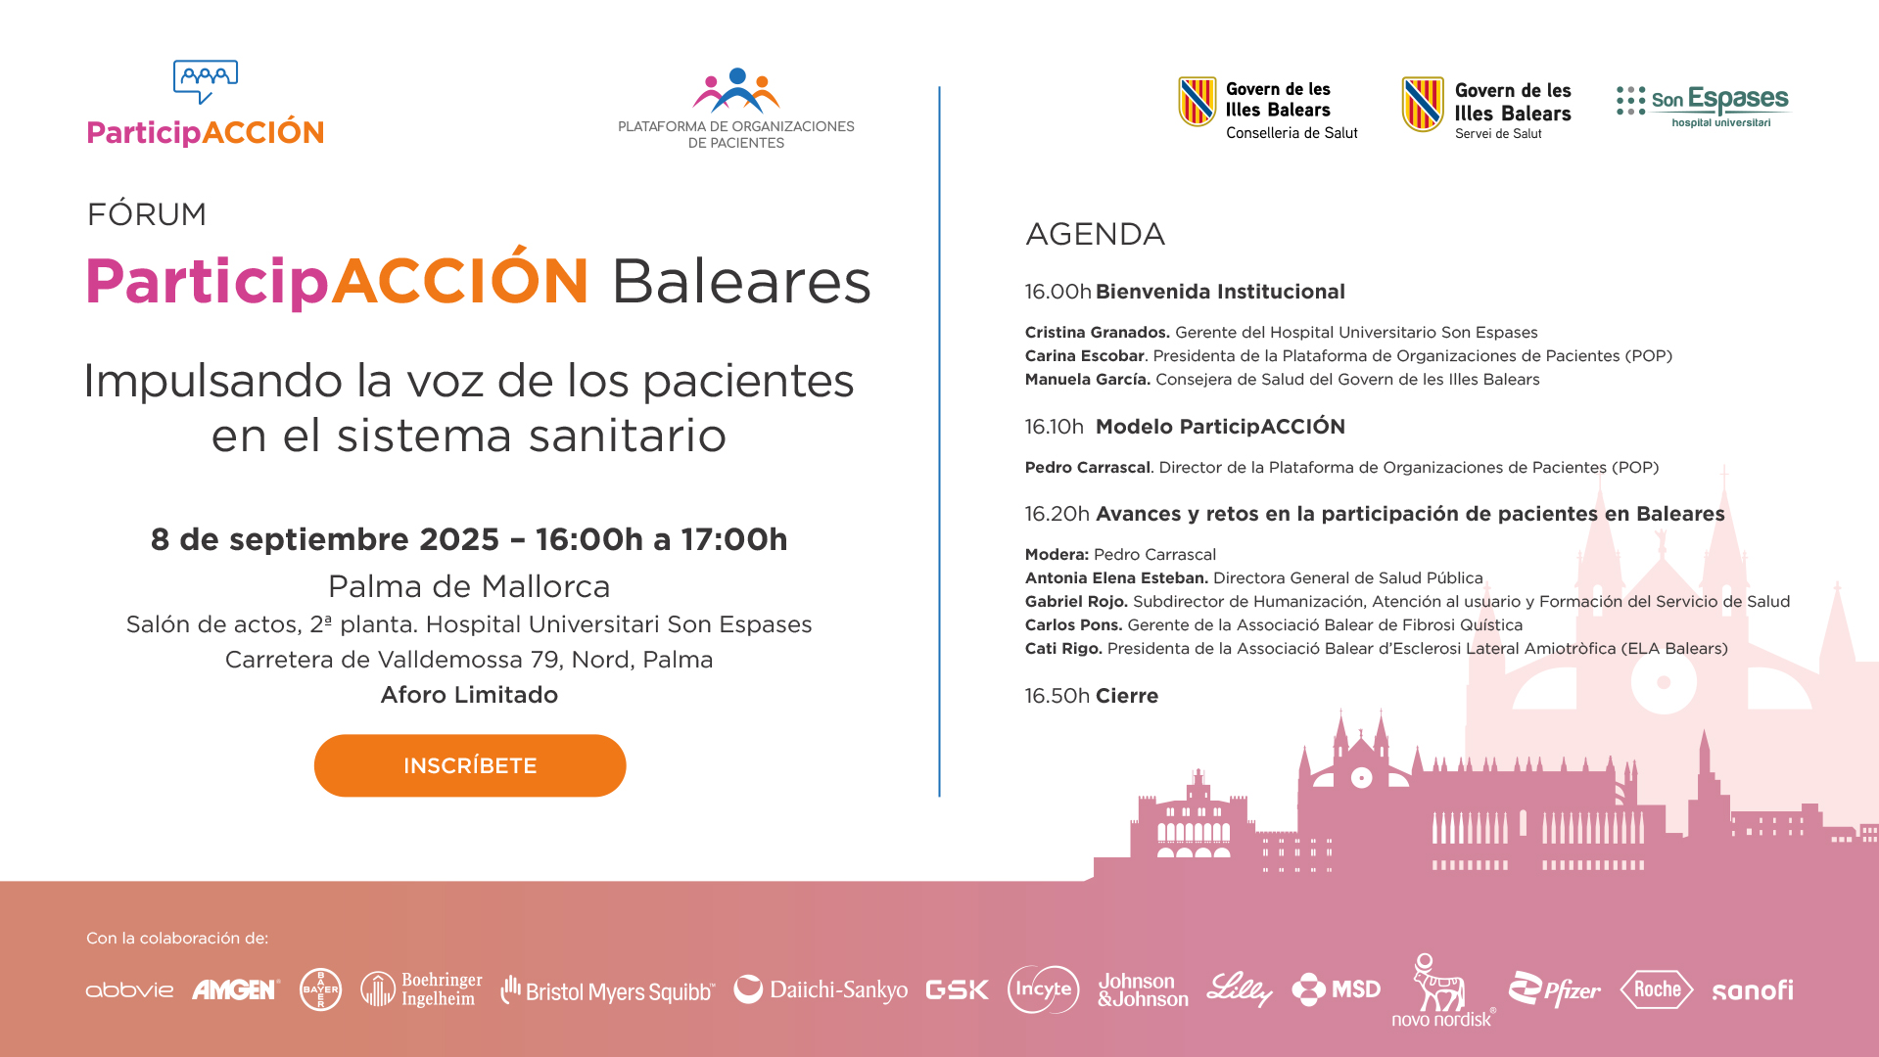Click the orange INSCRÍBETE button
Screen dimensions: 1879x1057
[x=470, y=765]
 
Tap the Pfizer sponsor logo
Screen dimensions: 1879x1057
[x=1554, y=989]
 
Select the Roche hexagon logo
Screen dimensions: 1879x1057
[x=1657, y=989]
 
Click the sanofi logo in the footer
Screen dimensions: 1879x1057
[x=1753, y=990]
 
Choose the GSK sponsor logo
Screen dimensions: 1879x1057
[x=957, y=990]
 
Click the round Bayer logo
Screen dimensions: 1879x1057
[x=320, y=989]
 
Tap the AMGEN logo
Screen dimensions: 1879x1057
[x=236, y=989]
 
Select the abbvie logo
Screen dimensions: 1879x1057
[x=129, y=990]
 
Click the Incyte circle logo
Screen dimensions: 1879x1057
[x=1043, y=989]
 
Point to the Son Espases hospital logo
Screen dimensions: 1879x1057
[x=1702, y=106]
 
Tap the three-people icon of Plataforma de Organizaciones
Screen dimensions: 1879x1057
[x=736, y=90]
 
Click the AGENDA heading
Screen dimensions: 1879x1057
[x=1095, y=234]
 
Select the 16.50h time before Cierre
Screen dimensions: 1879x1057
[x=1057, y=696]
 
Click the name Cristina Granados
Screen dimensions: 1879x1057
[x=1098, y=333]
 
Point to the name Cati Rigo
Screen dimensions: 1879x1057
[x=1063, y=649]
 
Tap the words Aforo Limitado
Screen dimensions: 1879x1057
[x=469, y=695]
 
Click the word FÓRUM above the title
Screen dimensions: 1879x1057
[x=147, y=213]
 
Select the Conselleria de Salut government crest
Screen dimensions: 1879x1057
[x=1197, y=102]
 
